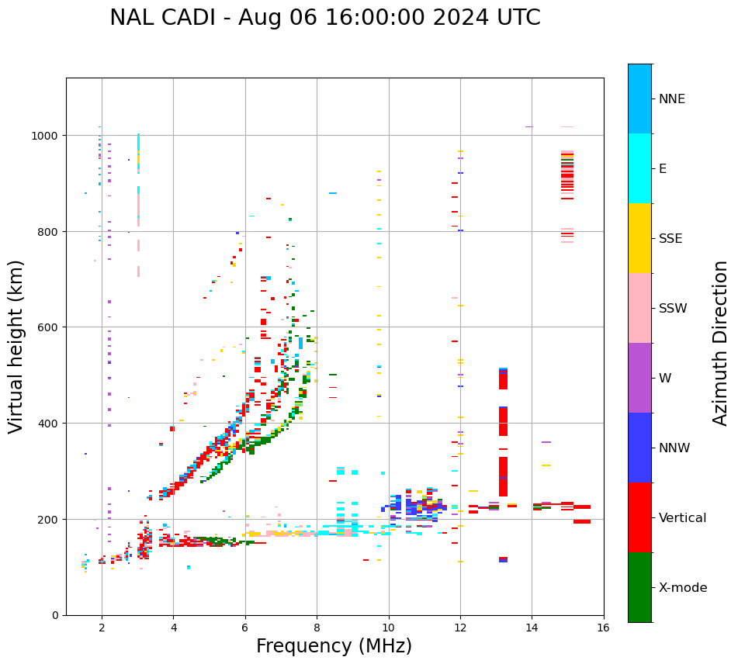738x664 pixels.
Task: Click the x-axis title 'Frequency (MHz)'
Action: point(334,646)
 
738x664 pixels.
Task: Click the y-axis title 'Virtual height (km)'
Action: point(16,347)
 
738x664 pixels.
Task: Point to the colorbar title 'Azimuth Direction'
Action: point(721,343)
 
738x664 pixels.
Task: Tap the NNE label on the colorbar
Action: point(672,99)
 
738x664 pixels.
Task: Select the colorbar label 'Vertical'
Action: point(682,517)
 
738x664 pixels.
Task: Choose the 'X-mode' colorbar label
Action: point(683,587)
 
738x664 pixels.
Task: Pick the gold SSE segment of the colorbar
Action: point(639,238)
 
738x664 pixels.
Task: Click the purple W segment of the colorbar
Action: point(639,378)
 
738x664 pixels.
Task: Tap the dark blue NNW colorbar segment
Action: point(639,448)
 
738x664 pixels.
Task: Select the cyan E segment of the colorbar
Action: point(639,168)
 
